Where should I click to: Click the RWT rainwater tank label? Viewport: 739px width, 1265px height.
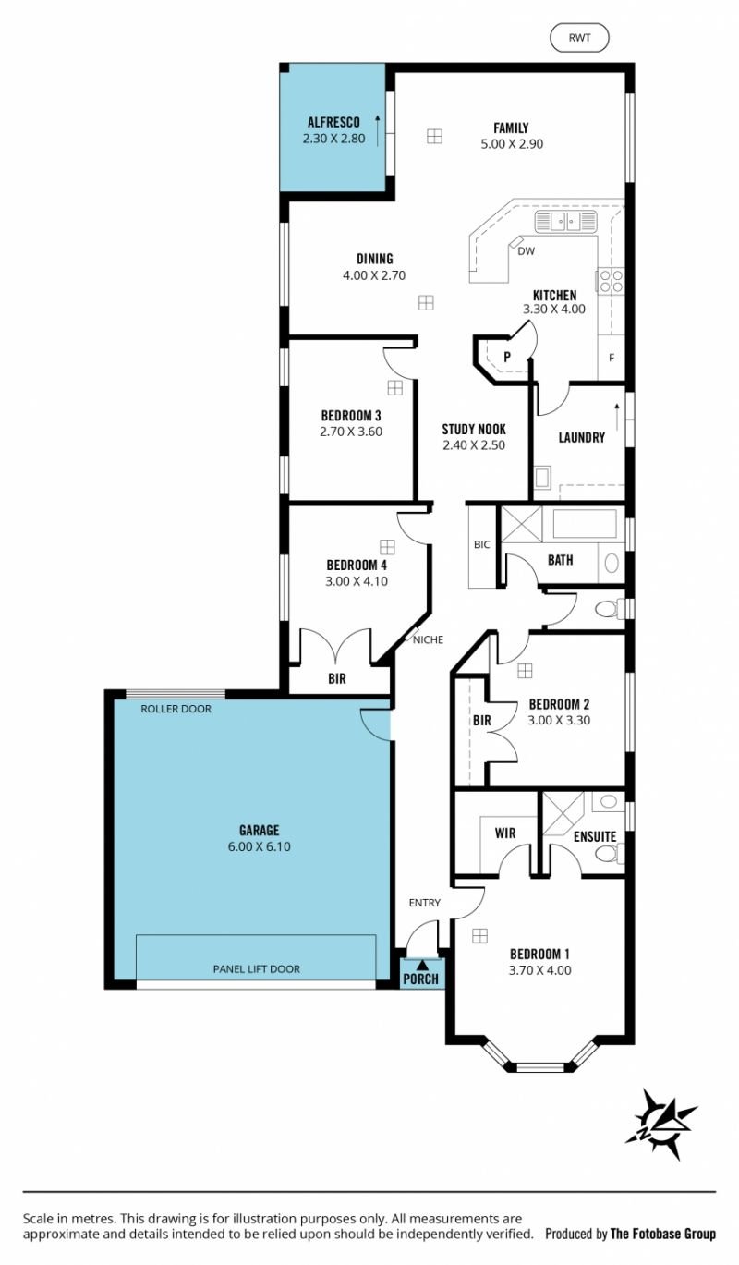[x=579, y=38]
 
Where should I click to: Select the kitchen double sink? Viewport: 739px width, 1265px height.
[x=565, y=222]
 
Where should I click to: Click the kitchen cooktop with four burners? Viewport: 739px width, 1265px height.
[x=611, y=281]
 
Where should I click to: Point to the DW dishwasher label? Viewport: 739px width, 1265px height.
[x=527, y=251]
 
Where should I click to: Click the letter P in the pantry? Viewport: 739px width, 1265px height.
[x=507, y=357]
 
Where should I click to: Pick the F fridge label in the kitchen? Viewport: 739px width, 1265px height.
[x=612, y=358]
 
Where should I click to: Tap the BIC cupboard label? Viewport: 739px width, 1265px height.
[x=481, y=545]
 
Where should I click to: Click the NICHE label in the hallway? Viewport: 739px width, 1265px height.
[x=428, y=639]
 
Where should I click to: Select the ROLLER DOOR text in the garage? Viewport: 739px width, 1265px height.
[x=176, y=709]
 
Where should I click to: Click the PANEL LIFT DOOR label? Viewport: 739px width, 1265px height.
[x=256, y=969]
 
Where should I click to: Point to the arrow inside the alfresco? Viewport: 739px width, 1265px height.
[x=378, y=130]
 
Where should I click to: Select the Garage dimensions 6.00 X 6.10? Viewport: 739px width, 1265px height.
[x=260, y=846]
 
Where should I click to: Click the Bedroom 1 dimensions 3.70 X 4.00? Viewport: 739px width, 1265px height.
[x=540, y=970]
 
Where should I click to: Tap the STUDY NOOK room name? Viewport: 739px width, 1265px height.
[x=474, y=429]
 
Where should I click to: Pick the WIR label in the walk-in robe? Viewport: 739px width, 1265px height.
[x=505, y=833]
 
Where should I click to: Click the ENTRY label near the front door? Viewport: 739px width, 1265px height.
[x=425, y=903]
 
